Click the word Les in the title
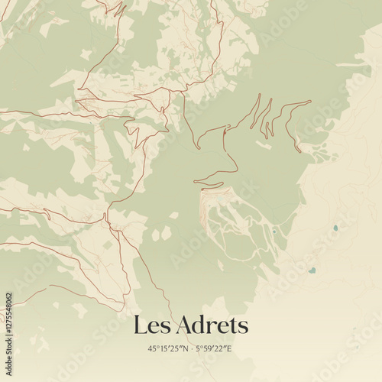[x=151, y=325]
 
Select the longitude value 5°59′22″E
[x=213, y=349]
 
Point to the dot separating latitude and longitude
[x=191, y=349]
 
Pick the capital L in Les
[x=141, y=325]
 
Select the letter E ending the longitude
[x=229, y=349]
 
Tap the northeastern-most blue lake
[x=335, y=228]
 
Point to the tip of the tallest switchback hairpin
[x=259, y=95]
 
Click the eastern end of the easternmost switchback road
[x=310, y=102]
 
